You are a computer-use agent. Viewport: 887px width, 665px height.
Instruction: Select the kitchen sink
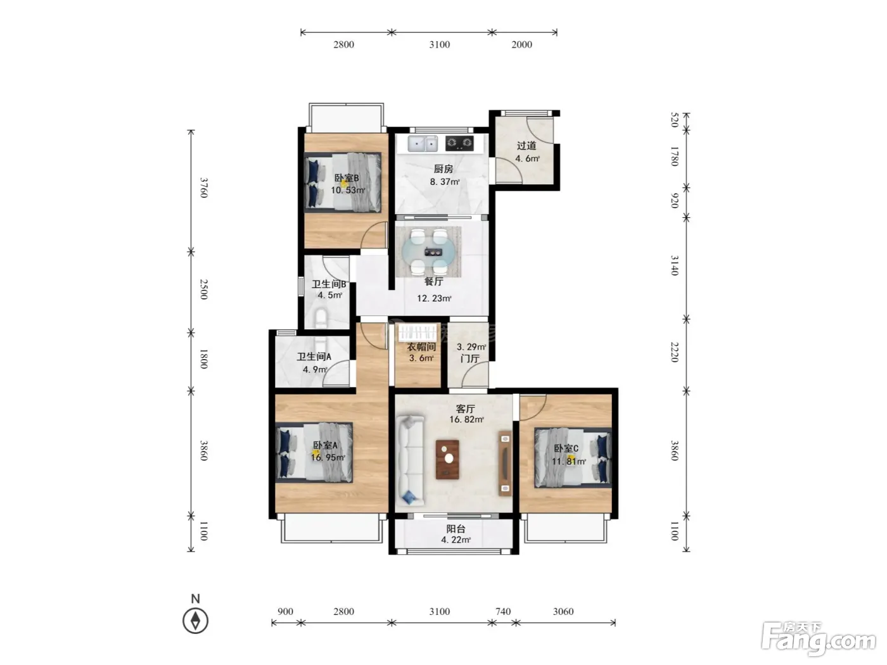(423, 144)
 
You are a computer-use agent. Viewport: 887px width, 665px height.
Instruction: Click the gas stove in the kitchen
(459, 143)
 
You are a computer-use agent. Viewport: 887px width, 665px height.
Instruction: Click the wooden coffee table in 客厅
(447, 460)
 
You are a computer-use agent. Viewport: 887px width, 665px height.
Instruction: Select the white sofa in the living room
(410, 460)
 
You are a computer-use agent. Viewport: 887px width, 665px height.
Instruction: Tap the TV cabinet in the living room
(505, 463)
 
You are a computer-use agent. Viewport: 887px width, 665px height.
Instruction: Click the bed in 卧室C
(572, 458)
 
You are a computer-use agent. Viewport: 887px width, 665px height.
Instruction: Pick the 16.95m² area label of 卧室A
(328, 457)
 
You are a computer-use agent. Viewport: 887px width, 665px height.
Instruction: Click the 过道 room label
(526, 146)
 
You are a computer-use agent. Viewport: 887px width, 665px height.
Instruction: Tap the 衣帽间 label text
(421, 347)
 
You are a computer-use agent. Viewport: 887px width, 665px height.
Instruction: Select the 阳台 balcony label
(456, 529)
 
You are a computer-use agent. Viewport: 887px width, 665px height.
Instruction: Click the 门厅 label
(470, 358)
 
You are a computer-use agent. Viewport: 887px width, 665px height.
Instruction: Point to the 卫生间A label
(314, 357)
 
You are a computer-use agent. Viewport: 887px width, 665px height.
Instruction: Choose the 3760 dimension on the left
(204, 187)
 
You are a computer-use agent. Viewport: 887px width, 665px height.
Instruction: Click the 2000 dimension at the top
(521, 44)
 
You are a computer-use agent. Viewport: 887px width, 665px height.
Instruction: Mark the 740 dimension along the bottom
(503, 611)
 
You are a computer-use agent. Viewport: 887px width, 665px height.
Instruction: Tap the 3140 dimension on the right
(675, 265)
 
